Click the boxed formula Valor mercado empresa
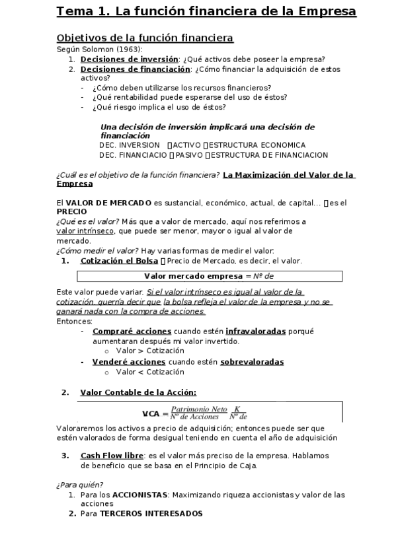[x=209, y=276]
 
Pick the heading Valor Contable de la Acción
[x=138, y=392]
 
